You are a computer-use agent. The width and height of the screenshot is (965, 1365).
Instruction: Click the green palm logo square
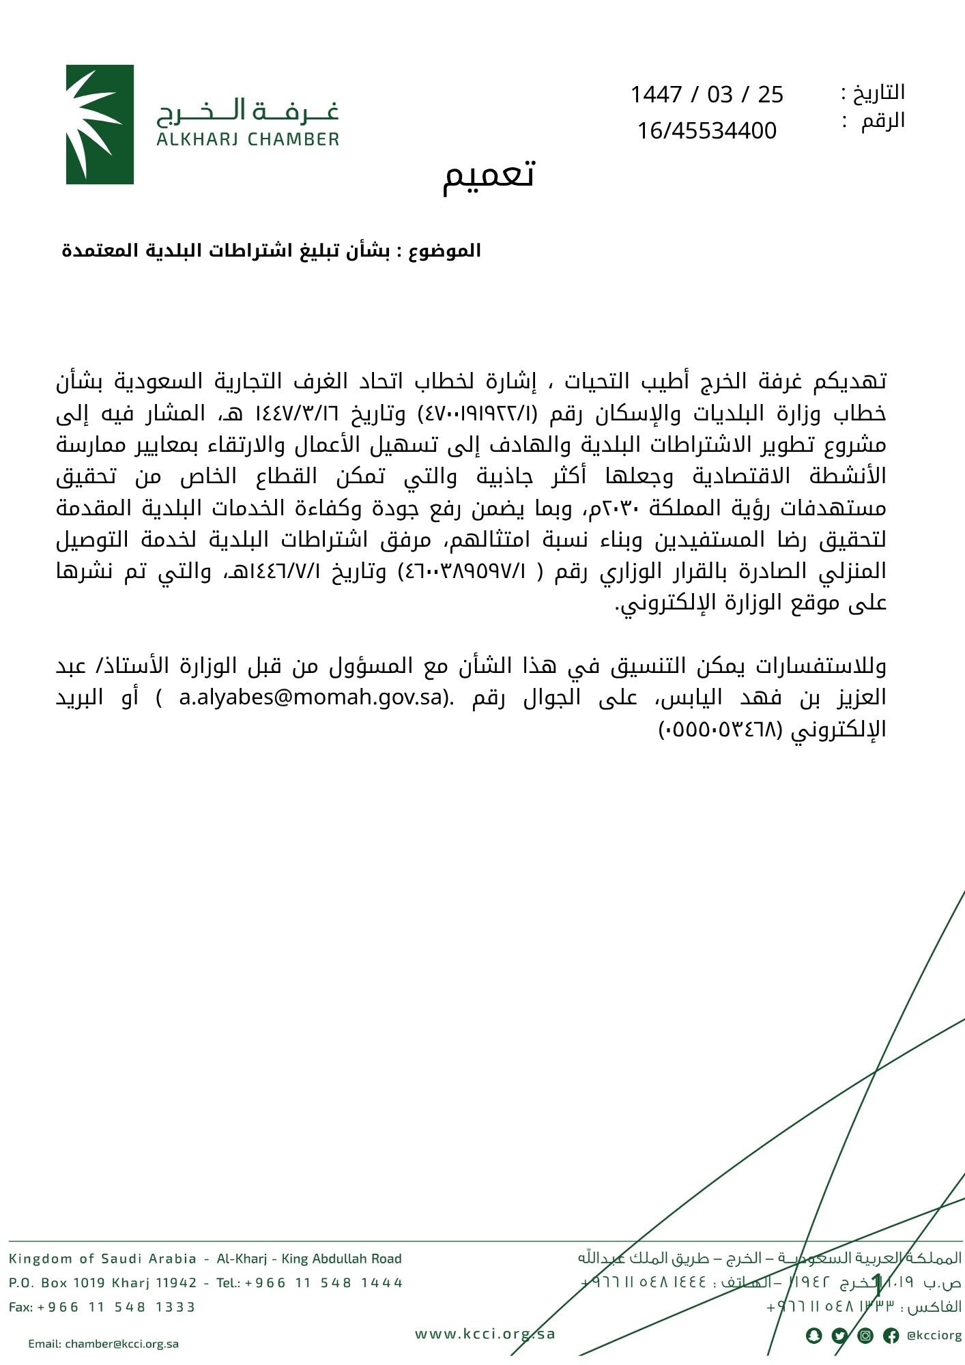coord(100,124)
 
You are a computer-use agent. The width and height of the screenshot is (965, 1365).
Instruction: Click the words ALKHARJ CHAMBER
coord(247,139)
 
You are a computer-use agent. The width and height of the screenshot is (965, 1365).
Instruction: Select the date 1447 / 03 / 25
coord(706,94)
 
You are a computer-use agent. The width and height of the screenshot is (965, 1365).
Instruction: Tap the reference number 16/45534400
coord(706,130)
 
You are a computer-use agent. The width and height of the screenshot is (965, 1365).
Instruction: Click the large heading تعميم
coord(489,175)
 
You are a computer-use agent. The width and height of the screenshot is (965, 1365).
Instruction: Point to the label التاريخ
coord(878,92)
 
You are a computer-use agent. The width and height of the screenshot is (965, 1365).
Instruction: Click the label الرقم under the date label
coord(882,121)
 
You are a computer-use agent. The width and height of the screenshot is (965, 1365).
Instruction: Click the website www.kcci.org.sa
coord(485,1333)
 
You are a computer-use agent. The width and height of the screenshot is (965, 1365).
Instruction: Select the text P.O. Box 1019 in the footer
coord(57,1282)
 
